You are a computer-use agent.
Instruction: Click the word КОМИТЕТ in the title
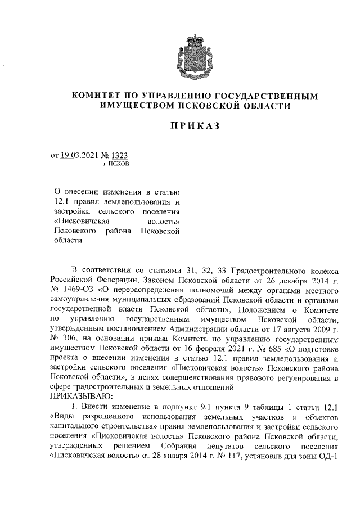coord(96,96)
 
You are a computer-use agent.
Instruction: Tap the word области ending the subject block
coord(68,240)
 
